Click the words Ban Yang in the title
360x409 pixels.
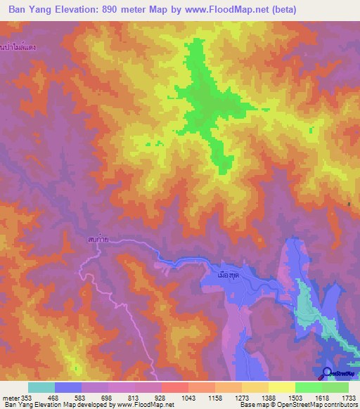coord(33,10)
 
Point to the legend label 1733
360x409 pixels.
coord(349,398)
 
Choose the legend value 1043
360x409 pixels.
coord(188,398)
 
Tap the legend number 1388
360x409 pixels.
coord(269,398)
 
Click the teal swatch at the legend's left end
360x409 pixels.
coord(41,387)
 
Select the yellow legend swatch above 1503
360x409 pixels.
coord(282,387)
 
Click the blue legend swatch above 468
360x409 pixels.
coord(68,387)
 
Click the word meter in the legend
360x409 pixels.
coord(8,398)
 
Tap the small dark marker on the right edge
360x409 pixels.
coord(349,204)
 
